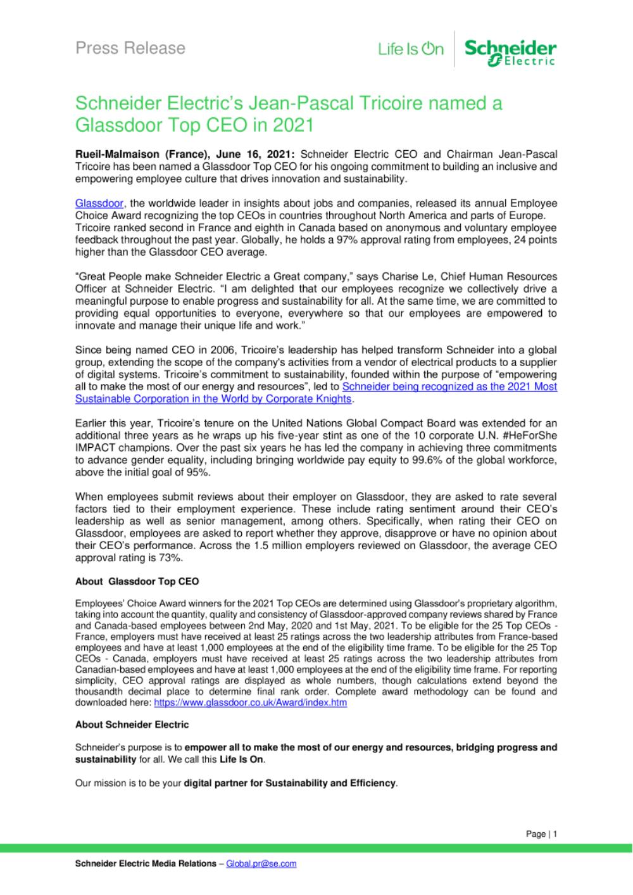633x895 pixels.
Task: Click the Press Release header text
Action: click(x=130, y=48)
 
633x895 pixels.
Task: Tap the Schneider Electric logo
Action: click(x=510, y=51)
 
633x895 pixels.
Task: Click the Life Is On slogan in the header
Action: click(x=411, y=49)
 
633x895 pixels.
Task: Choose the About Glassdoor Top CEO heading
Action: click(x=137, y=581)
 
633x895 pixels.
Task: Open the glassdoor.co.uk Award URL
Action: click(x=250, y=702)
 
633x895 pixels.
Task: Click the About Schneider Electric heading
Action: click(x=132, y=725)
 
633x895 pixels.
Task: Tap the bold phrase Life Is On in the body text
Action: click(x=241, y=759)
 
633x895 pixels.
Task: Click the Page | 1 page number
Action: click(x=541, y=834)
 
